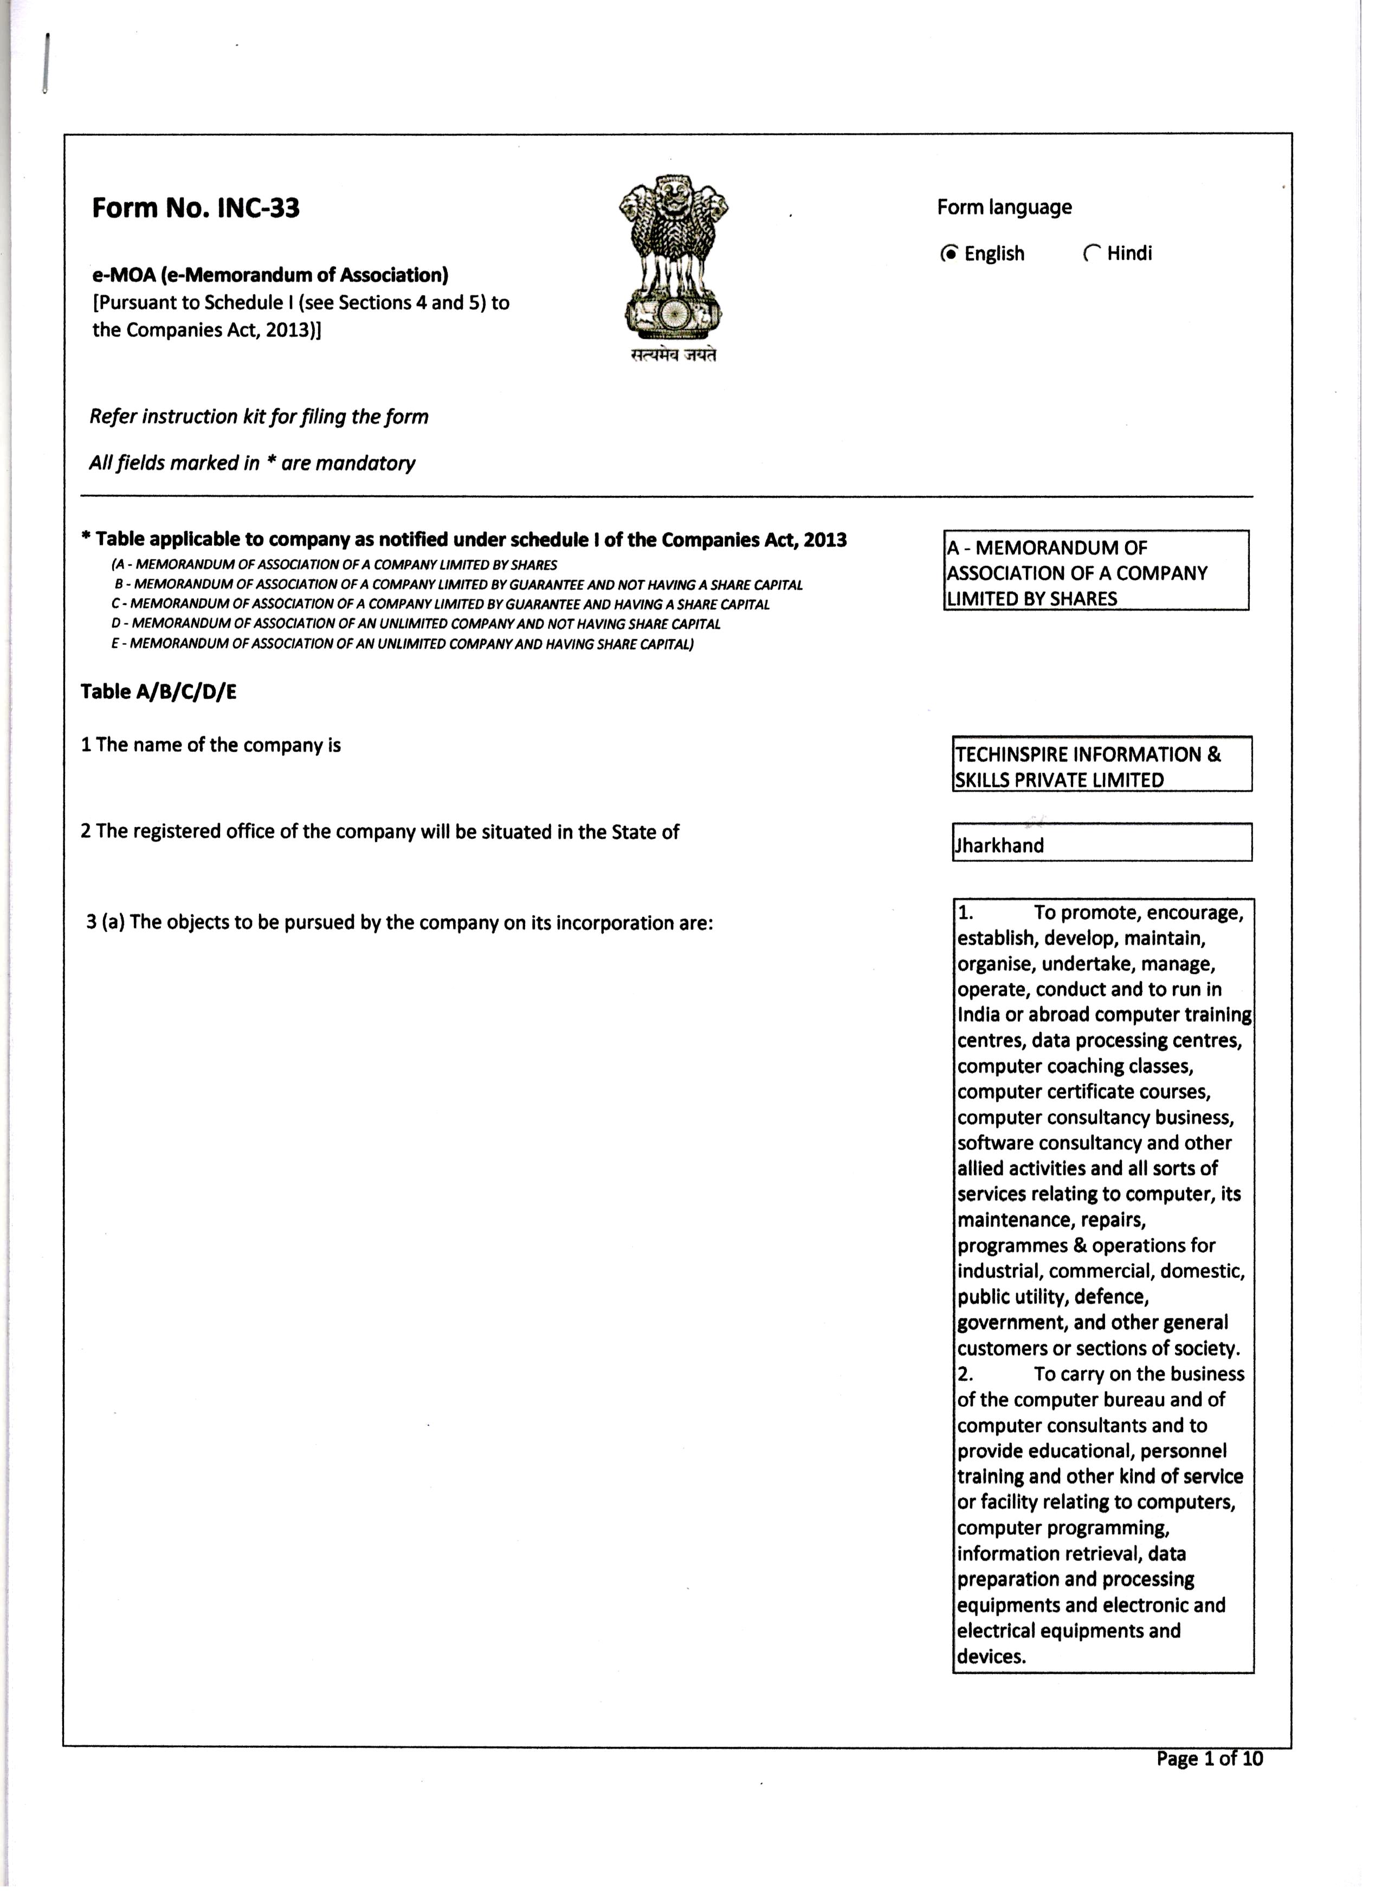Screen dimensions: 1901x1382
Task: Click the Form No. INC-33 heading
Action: (195, 208)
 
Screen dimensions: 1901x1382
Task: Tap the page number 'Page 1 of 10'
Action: (1209, 1758)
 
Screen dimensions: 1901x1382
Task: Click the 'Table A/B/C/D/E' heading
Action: (158, 692)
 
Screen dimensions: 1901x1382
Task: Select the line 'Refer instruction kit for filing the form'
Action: (259, 417)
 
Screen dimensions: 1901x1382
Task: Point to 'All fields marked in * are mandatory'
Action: (252, 463)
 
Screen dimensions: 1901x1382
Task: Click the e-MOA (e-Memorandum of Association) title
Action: (270, 275)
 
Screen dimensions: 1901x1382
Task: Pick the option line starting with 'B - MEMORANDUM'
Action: (457, 584)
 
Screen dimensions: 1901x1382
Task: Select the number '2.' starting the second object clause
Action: (965, 1375)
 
